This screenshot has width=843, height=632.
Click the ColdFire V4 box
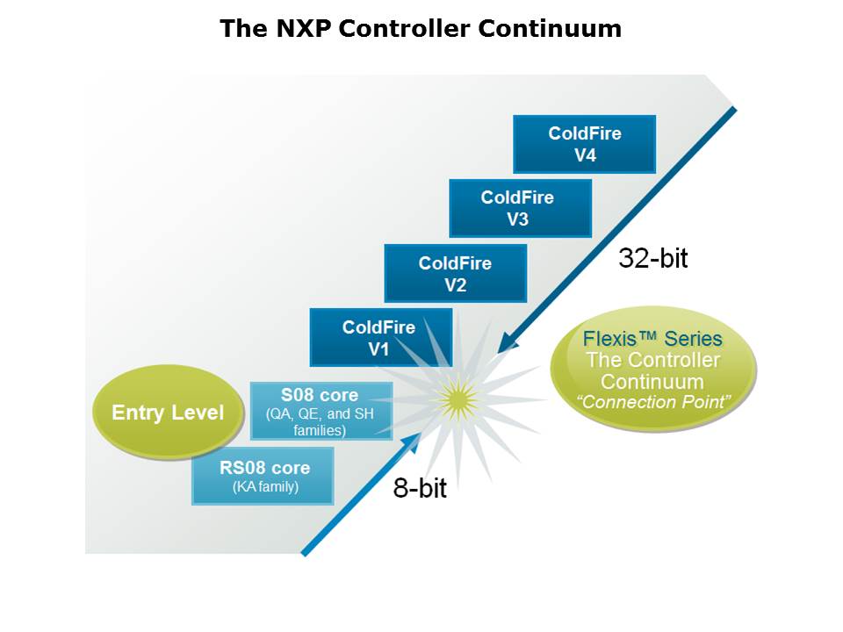pyautogui.click(x=584, y=144)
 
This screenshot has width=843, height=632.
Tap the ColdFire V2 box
pyautogui.click(x=455, y=273)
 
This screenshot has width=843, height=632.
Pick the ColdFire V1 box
pyautogui.click(x=380, y=337)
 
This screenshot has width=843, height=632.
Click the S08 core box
pyautogui.click(x=321, y=410)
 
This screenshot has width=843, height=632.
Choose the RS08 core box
pyautogui.click(x=263, y=476)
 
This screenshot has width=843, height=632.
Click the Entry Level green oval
pyautogui.click(x=168, y=413)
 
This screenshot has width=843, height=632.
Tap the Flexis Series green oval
pyautogui.click(x=652, y=369)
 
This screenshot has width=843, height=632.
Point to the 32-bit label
pyautogui.click(x=653, y=258)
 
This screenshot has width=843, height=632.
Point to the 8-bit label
pyautogui.click(x=419, y=489)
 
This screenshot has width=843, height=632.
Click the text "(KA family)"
pyautogui.click(x=263, y=487)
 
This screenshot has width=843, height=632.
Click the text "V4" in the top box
pyautogui.click(x=584, y=154)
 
